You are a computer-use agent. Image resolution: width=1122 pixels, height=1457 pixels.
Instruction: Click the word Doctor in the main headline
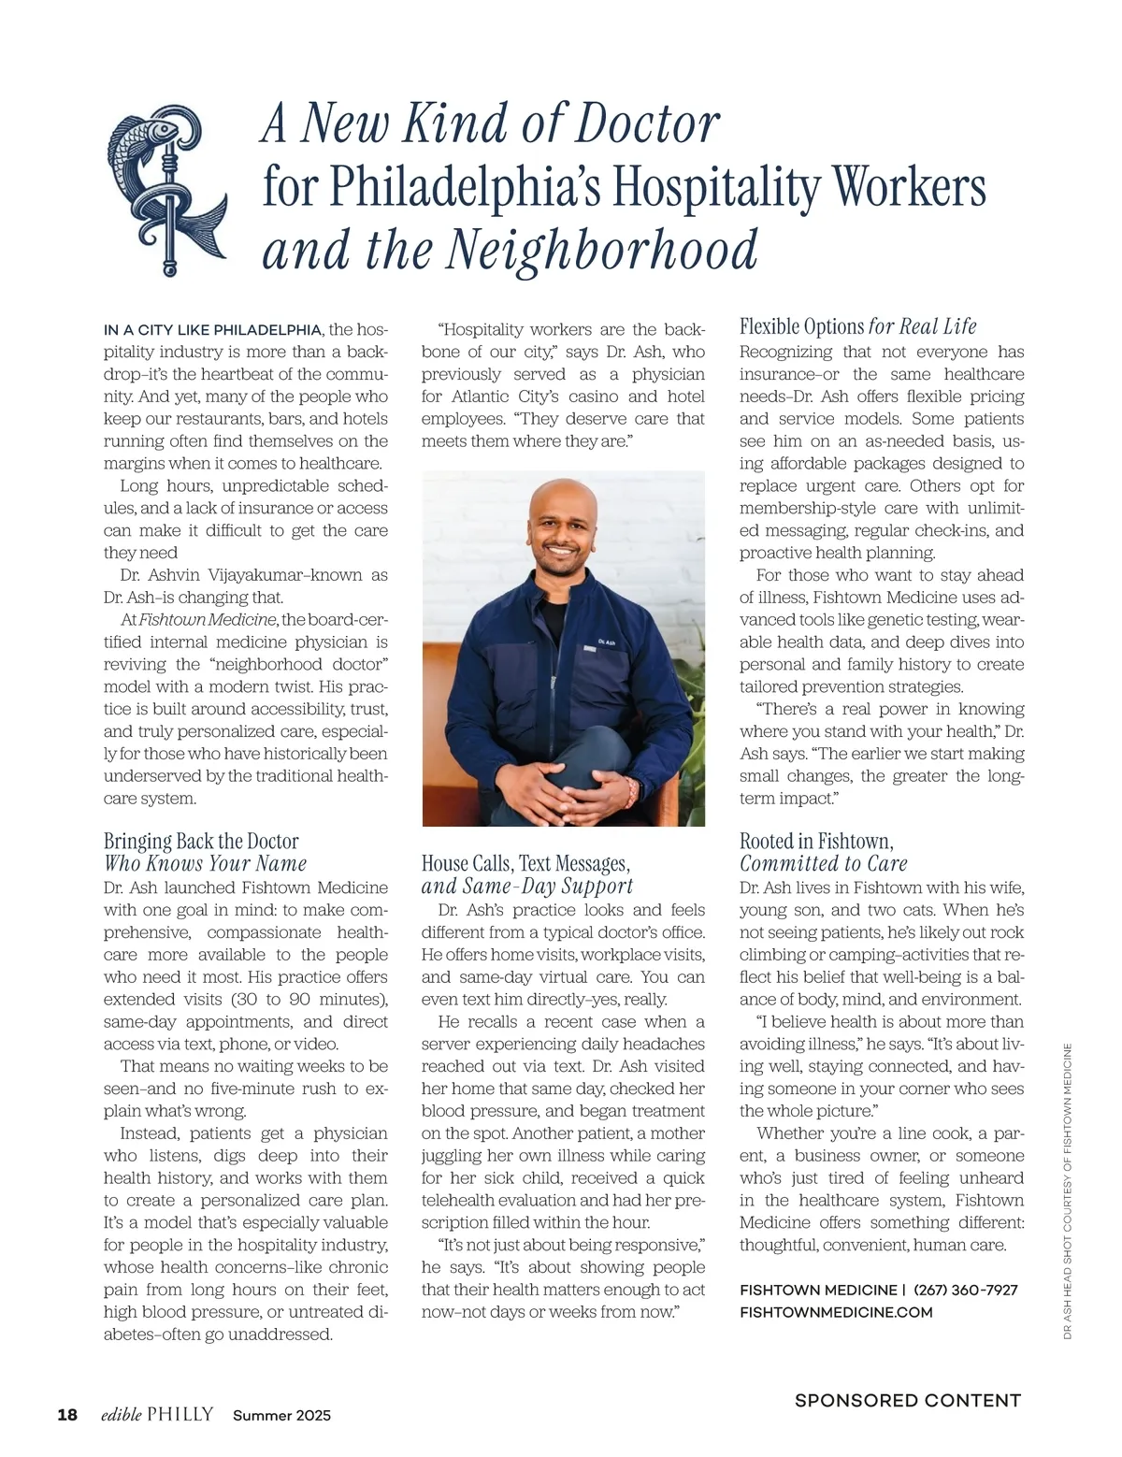pos(646,123)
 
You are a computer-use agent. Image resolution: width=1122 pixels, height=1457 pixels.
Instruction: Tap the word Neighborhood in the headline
pos(602,250)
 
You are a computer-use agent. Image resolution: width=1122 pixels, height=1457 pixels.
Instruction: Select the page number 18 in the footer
pos(67,1414)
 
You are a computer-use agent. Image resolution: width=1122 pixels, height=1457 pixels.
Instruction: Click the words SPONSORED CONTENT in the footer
pos(907,1400)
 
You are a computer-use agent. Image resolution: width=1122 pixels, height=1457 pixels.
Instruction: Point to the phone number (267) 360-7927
pos(965,1290)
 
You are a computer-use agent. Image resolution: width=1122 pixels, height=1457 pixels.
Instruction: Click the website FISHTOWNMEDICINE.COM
pos(836,1312)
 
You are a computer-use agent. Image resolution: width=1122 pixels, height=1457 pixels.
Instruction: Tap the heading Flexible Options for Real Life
pos(857,326)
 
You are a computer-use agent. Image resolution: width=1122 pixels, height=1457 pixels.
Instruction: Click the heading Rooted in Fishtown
pos(815,841)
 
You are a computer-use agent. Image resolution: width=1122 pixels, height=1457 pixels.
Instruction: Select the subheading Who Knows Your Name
pos(205,863)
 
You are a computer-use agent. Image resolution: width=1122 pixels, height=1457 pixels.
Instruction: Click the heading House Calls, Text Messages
pos(525,863)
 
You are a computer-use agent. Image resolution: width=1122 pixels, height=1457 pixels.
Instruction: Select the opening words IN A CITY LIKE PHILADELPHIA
pos(212,330)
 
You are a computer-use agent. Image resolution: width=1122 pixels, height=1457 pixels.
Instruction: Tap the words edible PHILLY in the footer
pos(157,1414)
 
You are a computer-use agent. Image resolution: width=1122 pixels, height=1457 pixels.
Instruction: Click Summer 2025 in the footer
pos(281,1415)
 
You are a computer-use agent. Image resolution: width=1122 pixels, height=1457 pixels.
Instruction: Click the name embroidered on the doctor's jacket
pos(606,642)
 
